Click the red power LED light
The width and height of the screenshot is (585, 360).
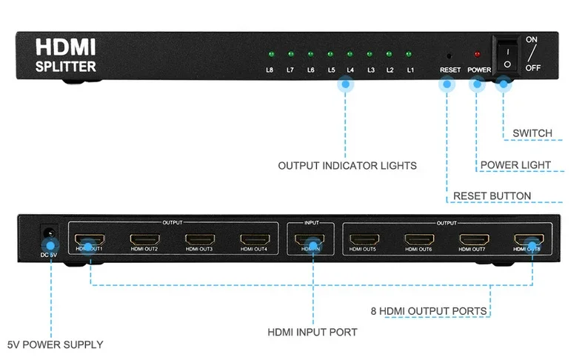click(x=477, y=55)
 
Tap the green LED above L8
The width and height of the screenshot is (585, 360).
click(x=271, y=55)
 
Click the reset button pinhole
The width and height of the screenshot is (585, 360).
click(x=449, y=56)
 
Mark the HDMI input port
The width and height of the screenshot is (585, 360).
click(x=309, y=240)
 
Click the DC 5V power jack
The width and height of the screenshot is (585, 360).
click(x=49, y=233)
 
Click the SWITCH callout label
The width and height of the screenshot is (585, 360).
click(x=532, y=133)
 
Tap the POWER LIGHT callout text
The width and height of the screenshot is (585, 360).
click(x=515, y=164)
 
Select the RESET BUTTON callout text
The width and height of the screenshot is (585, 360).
click(x=492, y=196)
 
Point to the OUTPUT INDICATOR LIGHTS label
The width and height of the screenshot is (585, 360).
click(x=347, y=165)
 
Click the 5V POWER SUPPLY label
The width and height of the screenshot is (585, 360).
click(x=55, y=344)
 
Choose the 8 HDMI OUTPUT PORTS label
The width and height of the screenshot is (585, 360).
click(x=429, y=310)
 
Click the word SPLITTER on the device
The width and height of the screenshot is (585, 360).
click(x=66, y=67)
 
